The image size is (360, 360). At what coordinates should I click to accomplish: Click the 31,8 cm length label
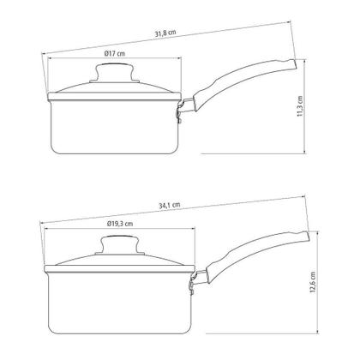coord(165,33)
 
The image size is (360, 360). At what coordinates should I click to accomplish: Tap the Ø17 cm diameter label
coord(115,53)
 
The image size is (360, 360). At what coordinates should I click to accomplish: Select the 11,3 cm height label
coord(299,105)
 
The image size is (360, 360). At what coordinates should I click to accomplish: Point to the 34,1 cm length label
coord(170,205)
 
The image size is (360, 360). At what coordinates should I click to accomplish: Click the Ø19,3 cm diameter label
coord(120,224)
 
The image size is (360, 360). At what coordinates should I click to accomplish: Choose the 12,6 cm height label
coord(313,282)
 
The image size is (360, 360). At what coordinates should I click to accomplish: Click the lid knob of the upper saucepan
coord(115,73)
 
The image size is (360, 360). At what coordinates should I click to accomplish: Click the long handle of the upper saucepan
coord(243,83)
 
